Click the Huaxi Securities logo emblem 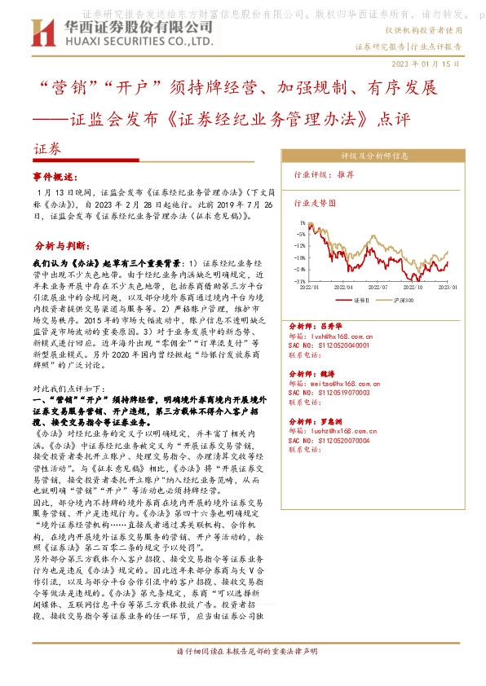pos(37,34)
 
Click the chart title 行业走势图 pos(314,204)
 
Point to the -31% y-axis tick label pos(300,281)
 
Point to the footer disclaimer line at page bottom pos(242,652)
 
